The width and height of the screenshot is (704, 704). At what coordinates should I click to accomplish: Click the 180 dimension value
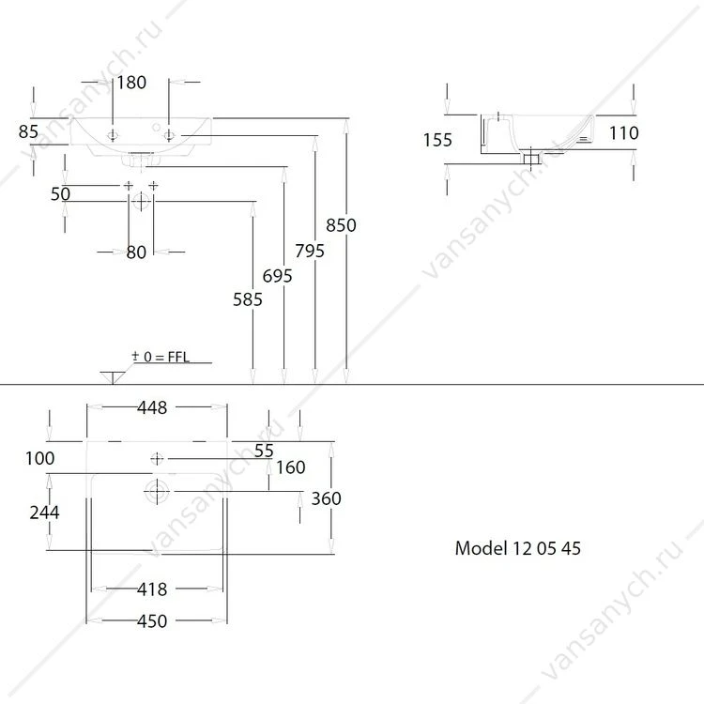click(131, 83)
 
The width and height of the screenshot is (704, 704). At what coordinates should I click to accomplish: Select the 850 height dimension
click(342, 225)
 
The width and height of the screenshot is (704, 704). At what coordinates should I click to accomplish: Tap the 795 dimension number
click(310, 251)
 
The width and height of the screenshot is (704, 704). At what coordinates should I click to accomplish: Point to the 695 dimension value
click(278, 276)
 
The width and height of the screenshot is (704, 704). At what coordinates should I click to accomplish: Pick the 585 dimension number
click(248, 300)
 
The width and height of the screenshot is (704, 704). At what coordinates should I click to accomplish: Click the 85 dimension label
click(28, 132)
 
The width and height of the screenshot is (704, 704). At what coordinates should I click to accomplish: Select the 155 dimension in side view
click(437, 140)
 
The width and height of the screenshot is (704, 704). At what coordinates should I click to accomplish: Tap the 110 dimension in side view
click(623, 133)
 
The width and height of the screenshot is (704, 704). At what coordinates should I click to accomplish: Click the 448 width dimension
click(152, 407)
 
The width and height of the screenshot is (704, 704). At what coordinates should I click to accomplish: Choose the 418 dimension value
click(152, 589)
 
